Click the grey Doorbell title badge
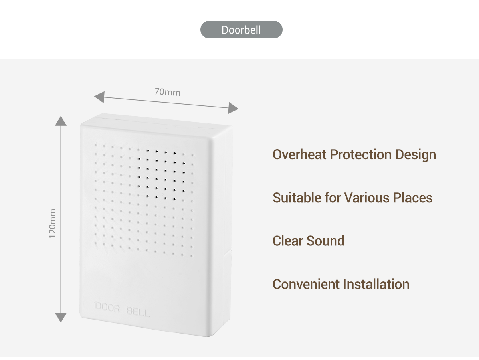pyautogui.click(x=241, y=30)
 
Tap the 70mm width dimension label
pyautogui.click(x=168, y=92)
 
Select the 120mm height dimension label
pyautogui.click(x=53, y=223)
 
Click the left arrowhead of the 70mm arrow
pyautogui.click(x=99, y=97)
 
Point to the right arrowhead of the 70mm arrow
pyautogui.click(x=233, y=108)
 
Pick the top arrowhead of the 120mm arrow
pyautogui.click(x=61, y=121)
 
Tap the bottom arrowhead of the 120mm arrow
pyautogui.click(x=61, y=318)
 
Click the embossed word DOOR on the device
pyautogui.click(x=107, y=307)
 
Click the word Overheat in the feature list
pyautogui.click(x=299, y=154)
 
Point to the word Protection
pyautogui.click(x=360, y=154)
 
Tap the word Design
pyautogui.click(x=416, y=155)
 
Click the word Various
pyautogui.click(x=367, y=198)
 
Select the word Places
pyautogui.click(x=413, y=198)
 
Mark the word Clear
pyautogui.click(x=288, y=241)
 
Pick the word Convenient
pyautogui.click(x=306, y=284)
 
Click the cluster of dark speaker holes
pyautogui.click(x=162, y=174)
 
